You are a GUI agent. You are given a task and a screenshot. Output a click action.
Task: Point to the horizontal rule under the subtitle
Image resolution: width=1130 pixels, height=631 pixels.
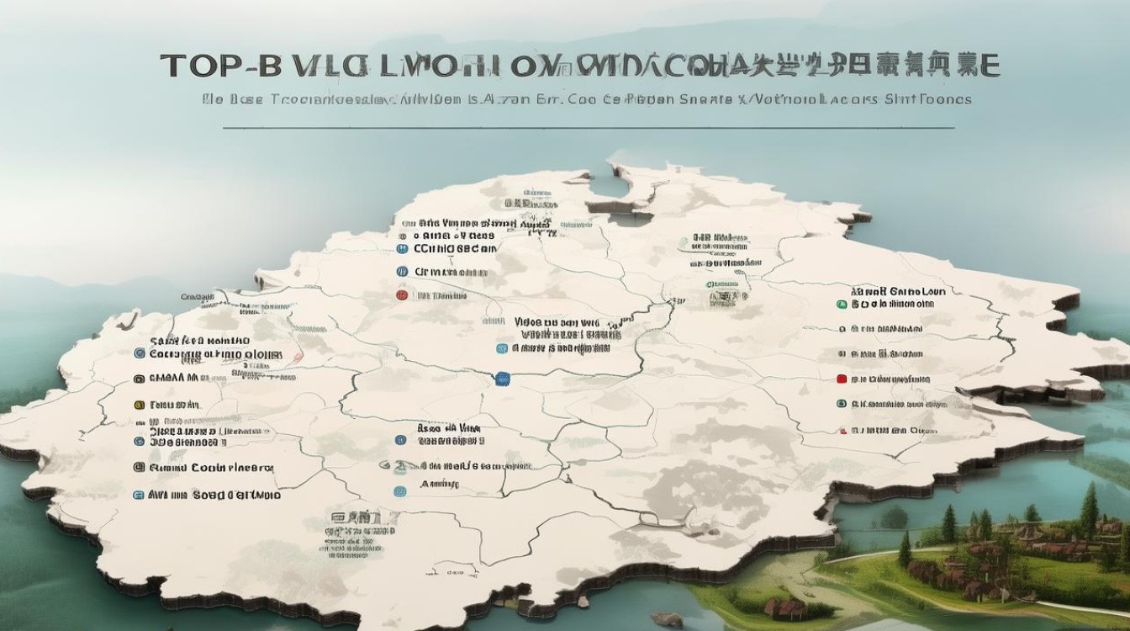[589, 128]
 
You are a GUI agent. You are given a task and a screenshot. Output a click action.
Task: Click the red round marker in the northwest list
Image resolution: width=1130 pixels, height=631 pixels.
[402, 295]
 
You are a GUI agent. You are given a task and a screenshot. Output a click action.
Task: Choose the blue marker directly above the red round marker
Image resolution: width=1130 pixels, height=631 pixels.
[402, 272]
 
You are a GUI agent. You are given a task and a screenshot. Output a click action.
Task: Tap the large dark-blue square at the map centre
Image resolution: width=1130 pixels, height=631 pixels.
[503, 379]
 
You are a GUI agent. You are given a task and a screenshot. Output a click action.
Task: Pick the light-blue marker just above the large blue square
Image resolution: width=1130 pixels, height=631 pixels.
[502, 347]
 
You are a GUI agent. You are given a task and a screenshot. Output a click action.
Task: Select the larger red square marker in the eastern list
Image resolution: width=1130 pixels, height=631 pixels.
[841, 379]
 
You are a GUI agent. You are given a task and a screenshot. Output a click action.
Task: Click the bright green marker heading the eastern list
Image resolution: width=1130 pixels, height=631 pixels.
[841, 304]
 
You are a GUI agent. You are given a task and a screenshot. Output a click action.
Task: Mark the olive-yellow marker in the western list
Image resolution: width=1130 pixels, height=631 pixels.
[139, 405]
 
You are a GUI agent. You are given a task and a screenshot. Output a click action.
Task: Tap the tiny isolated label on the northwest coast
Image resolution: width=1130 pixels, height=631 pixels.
[196, 297]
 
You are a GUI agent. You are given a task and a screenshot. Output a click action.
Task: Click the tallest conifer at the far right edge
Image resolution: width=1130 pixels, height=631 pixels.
[1090, 509]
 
